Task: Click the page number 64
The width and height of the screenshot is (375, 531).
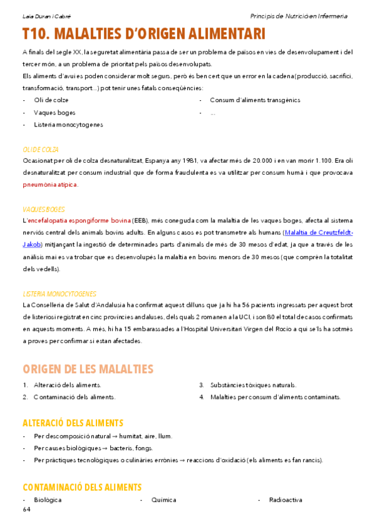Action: pyautogui.click(x=26, y=510)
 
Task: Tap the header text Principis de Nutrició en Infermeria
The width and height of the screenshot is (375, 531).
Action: pyautogui.click(x=298, y=16)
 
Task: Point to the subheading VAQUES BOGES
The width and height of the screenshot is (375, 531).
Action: pyautogui.click(x=43, y=209)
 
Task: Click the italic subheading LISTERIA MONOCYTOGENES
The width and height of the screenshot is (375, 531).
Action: pyautogui.click(x=59, y=294)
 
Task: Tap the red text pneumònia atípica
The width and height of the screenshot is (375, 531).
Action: pyautogui.click(x=50, y=185)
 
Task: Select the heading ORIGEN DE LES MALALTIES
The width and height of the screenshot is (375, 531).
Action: pyautogui.click(x=88, y=368)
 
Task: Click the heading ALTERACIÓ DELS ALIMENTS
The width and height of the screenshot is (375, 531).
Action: pyautogui.click(x=73, y=423)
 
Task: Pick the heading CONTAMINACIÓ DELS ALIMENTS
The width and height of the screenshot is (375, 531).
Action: pyautogui.click(x=81, y=487)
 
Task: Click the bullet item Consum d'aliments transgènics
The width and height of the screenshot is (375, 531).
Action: pyautogui.click(x=255, y=100)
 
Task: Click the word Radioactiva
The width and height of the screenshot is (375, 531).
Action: pyautogui.click(x=285, y=500)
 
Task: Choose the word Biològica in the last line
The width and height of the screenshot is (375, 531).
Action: pyautogui.click(x=48, y=500)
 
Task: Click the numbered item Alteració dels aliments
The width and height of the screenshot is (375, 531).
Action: pyautogui.click(x=67, y=385)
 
